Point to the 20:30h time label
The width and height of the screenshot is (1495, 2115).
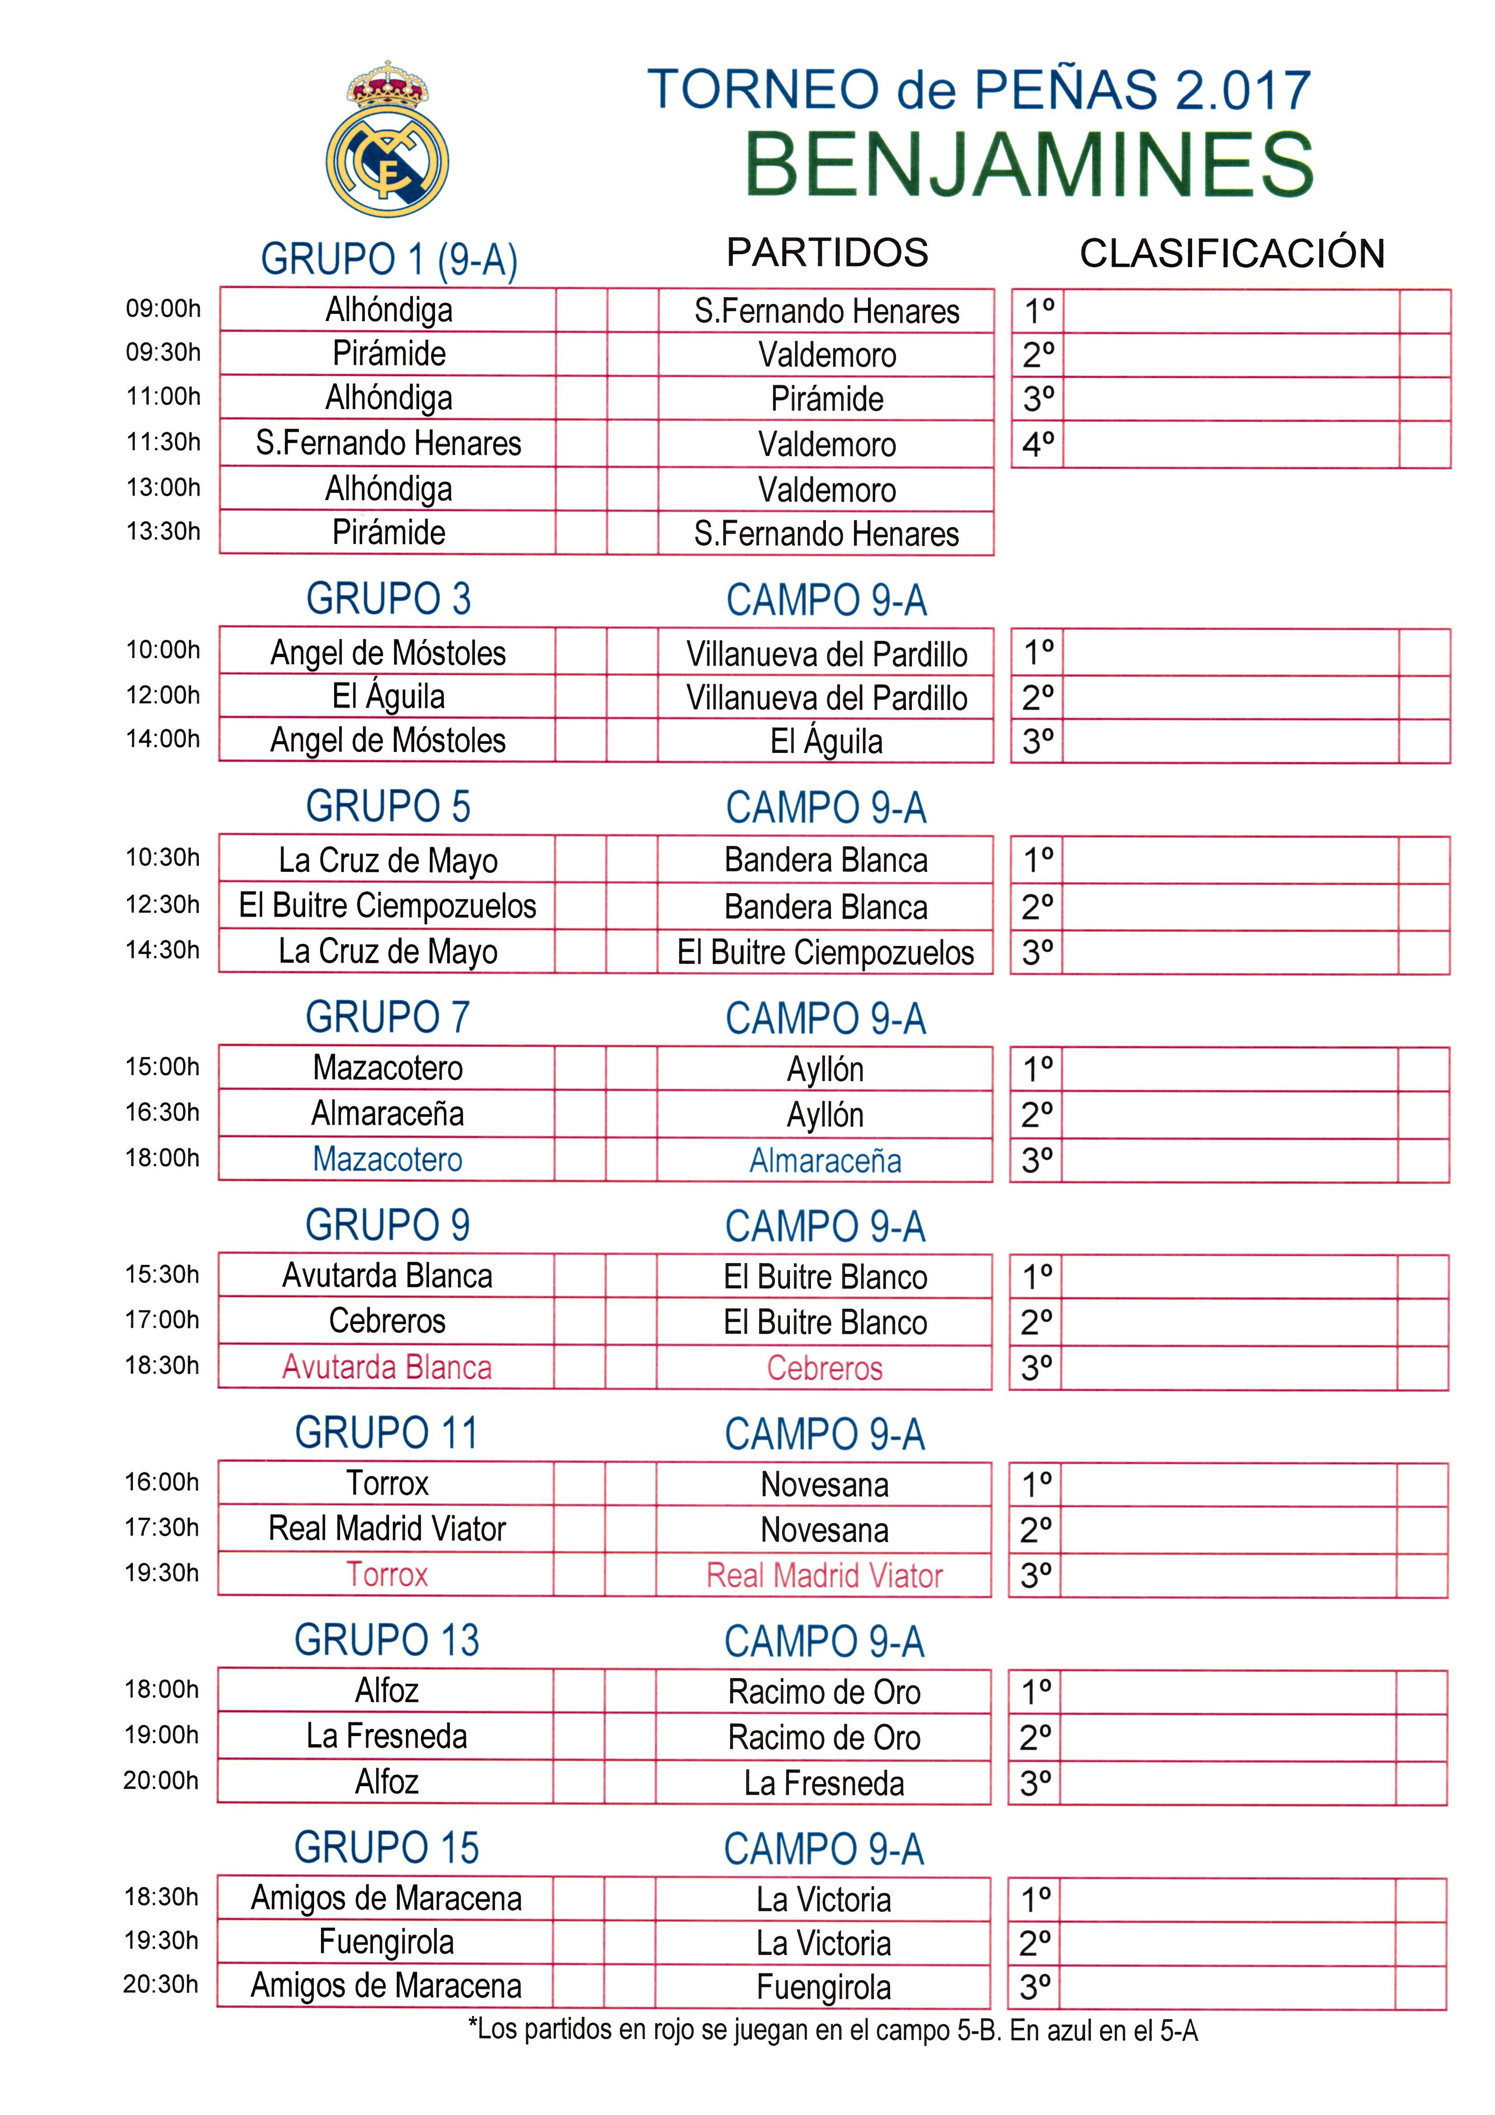[x=161, y=1984]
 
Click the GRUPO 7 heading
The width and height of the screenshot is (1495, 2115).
[x=388, y=1018]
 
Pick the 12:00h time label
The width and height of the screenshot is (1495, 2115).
[x=163, y=696]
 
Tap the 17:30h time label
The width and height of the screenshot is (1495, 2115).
[x=162, y=1527]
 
